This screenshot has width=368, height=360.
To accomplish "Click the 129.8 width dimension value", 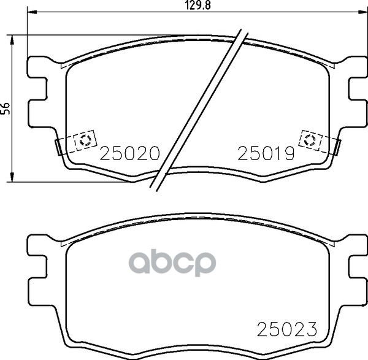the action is click(197, 5).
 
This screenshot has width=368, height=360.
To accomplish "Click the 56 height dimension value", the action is click(6, 109).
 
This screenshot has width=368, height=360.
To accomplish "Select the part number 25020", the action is click(130, 153).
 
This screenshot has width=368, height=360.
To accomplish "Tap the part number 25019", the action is click(266, 153).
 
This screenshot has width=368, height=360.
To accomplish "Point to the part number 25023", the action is click(287, 329).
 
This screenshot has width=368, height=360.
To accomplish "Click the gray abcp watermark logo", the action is click(172, 262).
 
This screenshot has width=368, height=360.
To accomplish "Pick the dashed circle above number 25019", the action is click(310, 140).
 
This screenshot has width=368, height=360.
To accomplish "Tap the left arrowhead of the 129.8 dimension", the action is click(32, 12).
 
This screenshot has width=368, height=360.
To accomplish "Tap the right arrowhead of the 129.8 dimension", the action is click(363, 12).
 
